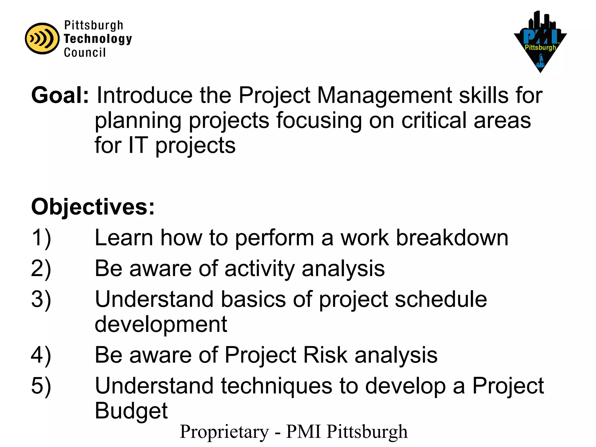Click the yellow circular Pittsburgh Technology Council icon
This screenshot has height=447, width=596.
[x=42, y=38]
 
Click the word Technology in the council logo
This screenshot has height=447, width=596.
[x=98, y=39]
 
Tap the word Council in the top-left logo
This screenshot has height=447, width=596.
[x=85, y=52]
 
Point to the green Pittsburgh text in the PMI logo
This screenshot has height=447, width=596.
[x=540, y=47]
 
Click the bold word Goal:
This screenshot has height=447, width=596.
[x=60, y=95]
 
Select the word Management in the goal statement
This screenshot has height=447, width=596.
[x=384, y=95]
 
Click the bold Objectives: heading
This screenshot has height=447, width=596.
[x=93, y=207]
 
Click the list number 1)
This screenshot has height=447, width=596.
[x=41, y=238]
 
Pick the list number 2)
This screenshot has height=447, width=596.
[x=41, y=269]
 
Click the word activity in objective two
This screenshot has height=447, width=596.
[x=260, y=269]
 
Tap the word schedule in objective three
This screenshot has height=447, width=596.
[x=441, y=299]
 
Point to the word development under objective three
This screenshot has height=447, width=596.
[x=161, y=324]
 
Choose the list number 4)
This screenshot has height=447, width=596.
[x=41, y=355]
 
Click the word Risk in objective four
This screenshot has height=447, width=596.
[x=325, y=355]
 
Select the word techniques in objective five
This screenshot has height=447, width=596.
[x=276, y=386]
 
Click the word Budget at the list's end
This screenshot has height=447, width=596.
[x=131, y=411]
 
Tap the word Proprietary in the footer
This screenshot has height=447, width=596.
[x=224, y=432]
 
